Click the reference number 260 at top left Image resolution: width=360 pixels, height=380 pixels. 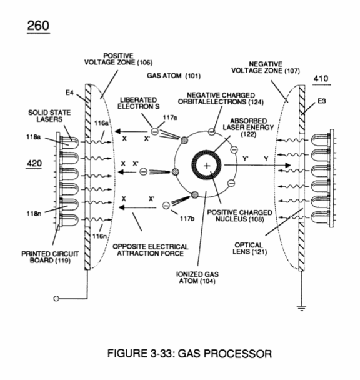[x=38, y=26]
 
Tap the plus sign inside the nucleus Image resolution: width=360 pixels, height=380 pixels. [x=206, y=166]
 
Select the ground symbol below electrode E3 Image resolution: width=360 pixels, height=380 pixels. [x=301, y=308]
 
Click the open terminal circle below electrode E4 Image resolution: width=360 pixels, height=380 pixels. [x=56, y=299]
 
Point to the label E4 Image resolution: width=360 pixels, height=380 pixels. [x=69, y=92]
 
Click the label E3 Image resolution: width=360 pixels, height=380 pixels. [x=322, y=101]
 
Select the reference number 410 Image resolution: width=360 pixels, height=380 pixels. [x=321, y=79]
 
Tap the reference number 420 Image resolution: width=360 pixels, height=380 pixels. [x=34, y=163]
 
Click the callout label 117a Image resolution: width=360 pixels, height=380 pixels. [x=170, y=117]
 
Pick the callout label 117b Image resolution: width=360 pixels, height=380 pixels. [x=187, y=219]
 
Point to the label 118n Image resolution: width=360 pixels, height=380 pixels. [x=34, y=214]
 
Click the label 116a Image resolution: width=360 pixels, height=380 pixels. [x=101, y=123]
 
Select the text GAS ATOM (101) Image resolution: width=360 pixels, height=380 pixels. [x=174, y=76]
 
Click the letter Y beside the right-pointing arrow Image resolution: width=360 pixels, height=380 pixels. [x=266, y=159]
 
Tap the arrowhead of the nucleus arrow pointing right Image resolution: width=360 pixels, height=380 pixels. [x=287, y=165]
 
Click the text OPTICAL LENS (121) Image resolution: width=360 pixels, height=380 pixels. [x=250, y=248]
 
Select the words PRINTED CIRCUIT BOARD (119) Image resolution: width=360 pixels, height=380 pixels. [x=50, y=257]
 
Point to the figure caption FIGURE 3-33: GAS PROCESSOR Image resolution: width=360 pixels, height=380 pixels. [x=189, y=354]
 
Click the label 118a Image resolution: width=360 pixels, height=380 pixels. [x=34, y=137]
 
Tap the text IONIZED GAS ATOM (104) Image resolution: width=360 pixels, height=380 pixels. [x=197, y=277]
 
